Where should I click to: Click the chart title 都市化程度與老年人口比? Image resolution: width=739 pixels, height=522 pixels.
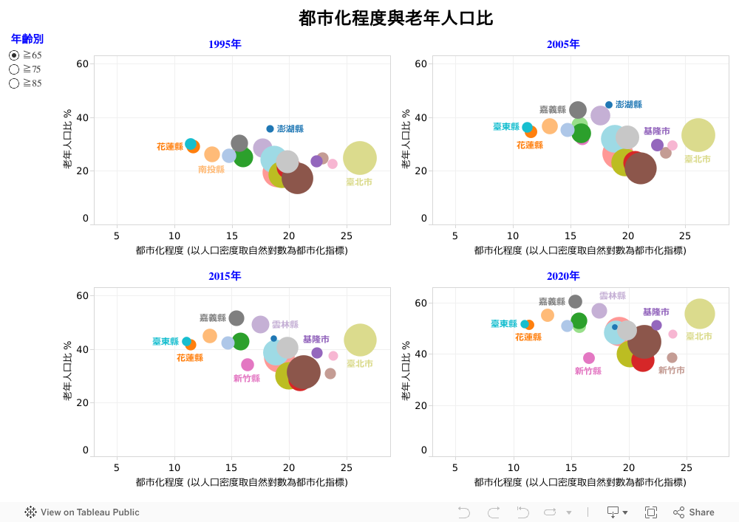tap(395, 18)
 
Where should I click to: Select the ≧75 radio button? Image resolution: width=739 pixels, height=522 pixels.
tap(14, 69)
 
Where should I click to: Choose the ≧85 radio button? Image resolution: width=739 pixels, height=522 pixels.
tap(14, 83)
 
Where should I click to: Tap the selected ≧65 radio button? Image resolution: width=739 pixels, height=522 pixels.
tap(14, 55)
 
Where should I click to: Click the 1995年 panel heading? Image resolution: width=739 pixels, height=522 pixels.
tap(225, 44)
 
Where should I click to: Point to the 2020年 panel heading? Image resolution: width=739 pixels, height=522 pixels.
tap(563, 276)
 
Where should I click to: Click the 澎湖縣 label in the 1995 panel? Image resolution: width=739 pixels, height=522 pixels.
tap(290, 129)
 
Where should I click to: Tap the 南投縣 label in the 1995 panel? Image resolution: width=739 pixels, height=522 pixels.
tap(211, 169)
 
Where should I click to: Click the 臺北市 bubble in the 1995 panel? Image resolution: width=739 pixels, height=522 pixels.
tap(359, 157)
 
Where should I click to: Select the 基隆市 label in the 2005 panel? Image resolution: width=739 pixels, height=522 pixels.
tap(656, 131)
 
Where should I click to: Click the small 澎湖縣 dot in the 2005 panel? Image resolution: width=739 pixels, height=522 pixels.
tap(609, 105)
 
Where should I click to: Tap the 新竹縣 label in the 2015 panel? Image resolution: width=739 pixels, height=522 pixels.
tap(246, 379)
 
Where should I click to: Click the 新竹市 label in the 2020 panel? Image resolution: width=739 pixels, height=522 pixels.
tap(671, 370)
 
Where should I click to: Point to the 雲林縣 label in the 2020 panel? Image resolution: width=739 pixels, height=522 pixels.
tap(612, 295)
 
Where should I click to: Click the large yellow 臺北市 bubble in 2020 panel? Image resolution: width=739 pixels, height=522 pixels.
tap(700, 314)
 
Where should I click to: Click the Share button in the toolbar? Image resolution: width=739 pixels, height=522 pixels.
tap(694, 512)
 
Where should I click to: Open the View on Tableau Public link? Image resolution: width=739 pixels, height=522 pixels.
tap(82, 512)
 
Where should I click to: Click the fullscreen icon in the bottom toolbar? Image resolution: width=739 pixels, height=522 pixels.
tap(651, 512)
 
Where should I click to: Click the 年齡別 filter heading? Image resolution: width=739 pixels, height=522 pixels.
tap(27, 39)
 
